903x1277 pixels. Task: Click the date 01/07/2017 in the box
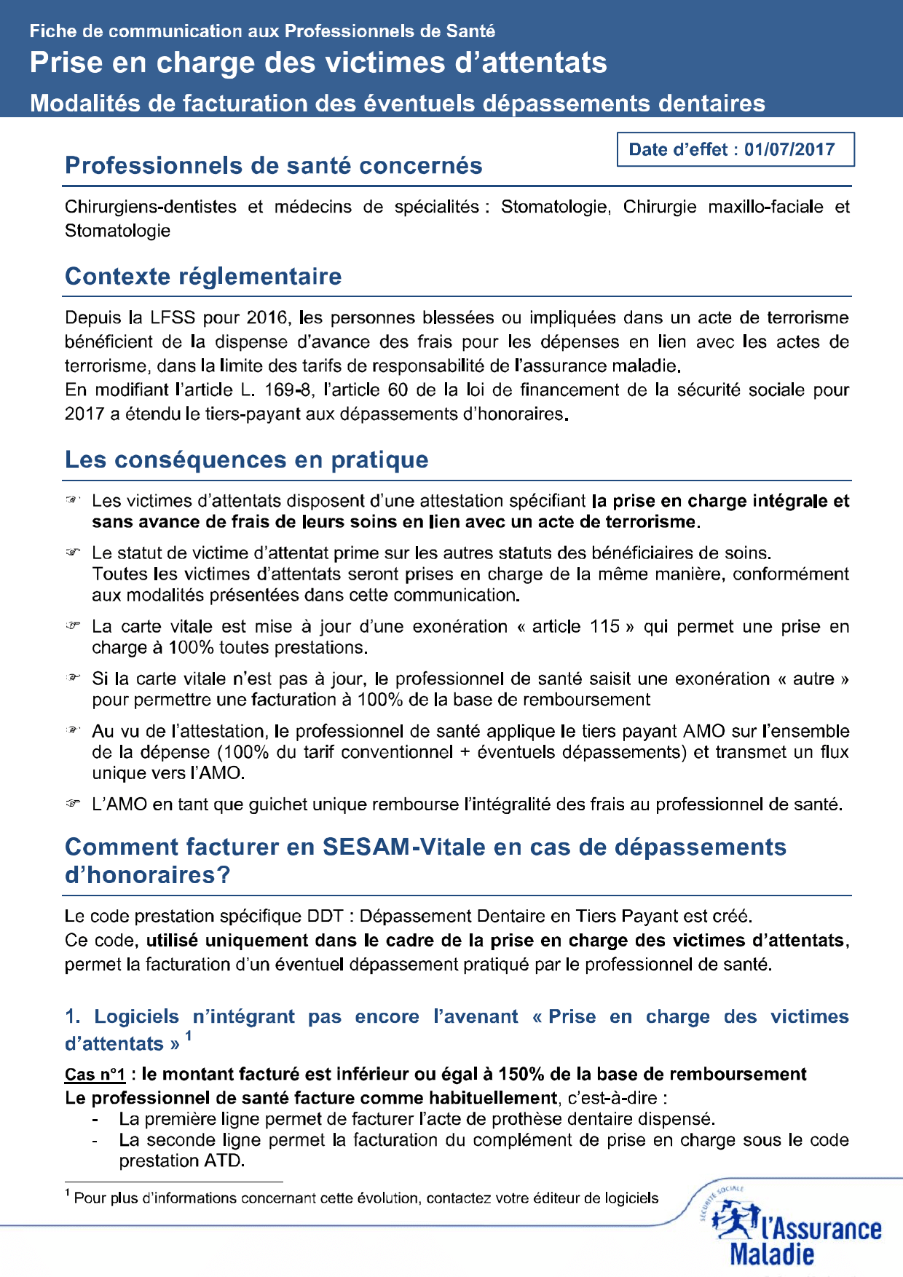[789, 149]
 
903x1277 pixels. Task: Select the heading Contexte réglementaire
[203, 277]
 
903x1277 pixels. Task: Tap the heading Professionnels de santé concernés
[273, 166]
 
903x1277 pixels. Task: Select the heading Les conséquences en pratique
[246, 460]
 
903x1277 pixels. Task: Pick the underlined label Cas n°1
[95, 1075]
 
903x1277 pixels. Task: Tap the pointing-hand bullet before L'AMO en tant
[72, 804]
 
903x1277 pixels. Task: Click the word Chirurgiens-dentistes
[151, 207]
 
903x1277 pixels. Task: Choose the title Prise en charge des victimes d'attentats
[318, 63]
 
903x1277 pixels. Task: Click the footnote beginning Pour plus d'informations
[364, 1198]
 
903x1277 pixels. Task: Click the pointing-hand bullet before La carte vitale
[72, 626]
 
